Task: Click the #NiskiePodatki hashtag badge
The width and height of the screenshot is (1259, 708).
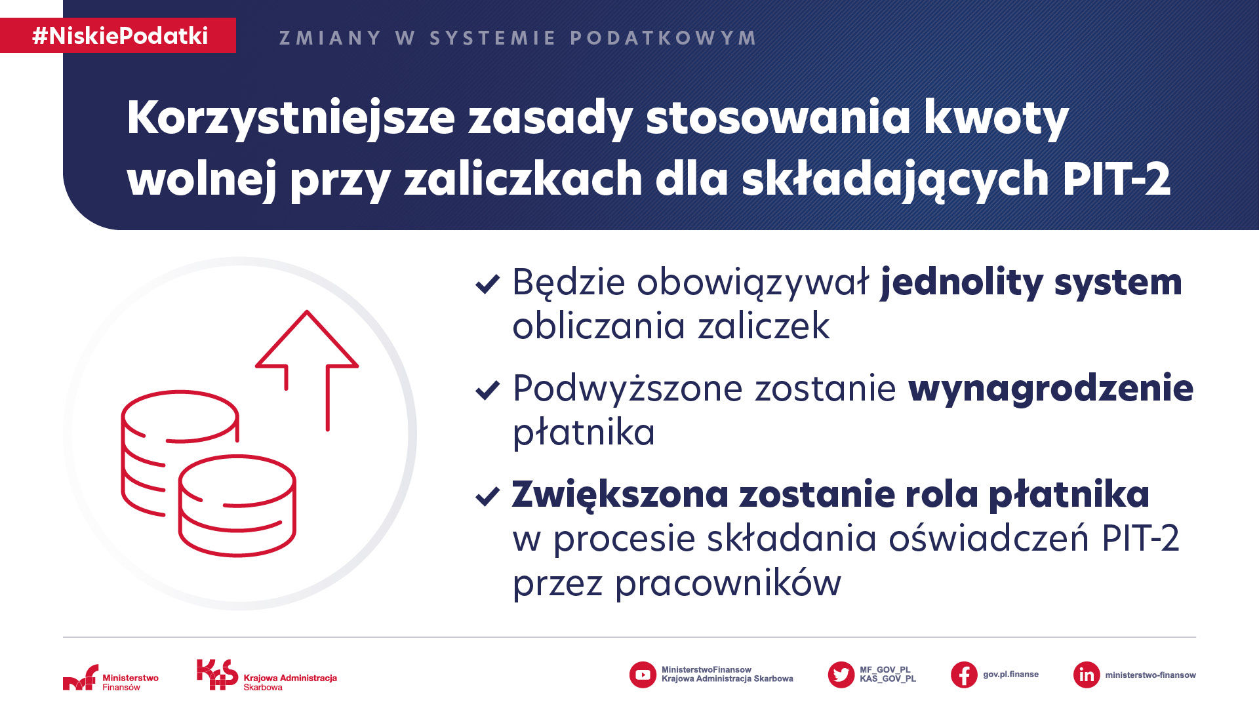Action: point(118,35)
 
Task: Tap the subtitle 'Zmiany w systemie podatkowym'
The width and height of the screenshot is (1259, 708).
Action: point(518,38)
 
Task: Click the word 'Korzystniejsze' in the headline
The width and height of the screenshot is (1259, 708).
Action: point(291,119)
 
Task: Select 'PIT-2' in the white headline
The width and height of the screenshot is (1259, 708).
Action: point(1116,178)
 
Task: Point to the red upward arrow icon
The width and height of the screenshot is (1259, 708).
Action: point(307,370)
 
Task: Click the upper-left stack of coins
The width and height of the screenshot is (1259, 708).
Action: point(178,452)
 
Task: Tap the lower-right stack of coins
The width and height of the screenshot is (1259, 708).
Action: point(237,505)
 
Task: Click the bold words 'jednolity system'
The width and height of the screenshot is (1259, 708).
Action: point(1031,283)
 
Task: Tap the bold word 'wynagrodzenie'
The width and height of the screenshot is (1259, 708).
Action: point(1051,389)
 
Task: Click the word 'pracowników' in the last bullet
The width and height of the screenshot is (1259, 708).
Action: point(729,583)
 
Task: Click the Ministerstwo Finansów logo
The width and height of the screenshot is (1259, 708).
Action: point(111,678)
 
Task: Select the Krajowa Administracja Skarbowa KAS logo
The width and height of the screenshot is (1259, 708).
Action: point(267,675)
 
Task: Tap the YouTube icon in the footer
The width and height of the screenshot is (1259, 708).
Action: point(643,675)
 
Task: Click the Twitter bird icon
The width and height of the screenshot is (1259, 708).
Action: point(841,675)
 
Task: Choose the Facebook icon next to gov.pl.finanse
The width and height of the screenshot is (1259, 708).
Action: point(964,675)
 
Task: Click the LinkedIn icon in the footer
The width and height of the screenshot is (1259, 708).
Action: point(1087,675)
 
